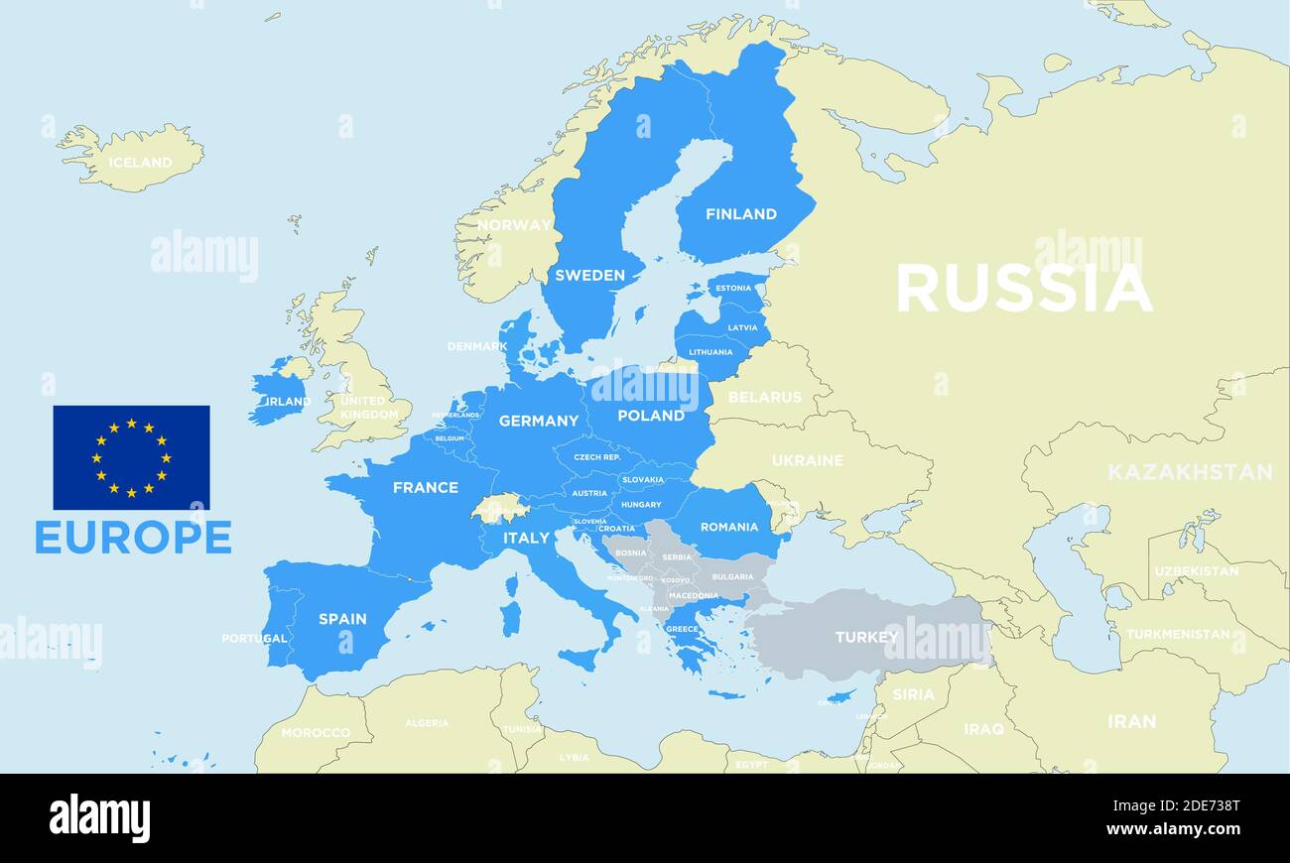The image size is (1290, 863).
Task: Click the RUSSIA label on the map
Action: tap(1023, 288)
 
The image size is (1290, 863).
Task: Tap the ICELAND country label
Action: tap(140, 162)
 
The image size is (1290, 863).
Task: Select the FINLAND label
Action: tap(740, 214)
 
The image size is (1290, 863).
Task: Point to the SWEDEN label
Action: tap(589, 276)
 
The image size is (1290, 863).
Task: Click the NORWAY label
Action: tap(513, 225)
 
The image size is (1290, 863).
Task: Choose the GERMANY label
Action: tap(538, 421)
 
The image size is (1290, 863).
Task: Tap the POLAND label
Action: tap(651, 416)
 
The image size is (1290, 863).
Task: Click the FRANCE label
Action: tap(425, 488)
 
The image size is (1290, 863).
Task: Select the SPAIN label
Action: tap(342, 619)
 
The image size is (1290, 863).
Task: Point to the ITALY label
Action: tap(526, 538)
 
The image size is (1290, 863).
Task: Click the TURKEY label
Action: tap(866, 637)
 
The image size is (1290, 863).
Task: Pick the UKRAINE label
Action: tap(807, 460)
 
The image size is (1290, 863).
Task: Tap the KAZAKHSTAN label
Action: tap(1189, 472)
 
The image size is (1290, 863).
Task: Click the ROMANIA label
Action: tap(728, 527)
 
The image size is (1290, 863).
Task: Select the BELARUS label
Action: tap(764, 397)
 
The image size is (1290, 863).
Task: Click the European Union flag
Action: tap(131, 457)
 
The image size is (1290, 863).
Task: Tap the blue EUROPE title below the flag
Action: tap(133, 537)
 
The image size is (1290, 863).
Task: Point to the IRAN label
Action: tap(1131, 721)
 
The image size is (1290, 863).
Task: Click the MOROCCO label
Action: tap(316, 733)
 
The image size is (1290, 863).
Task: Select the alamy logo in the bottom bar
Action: tap(99, 818)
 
